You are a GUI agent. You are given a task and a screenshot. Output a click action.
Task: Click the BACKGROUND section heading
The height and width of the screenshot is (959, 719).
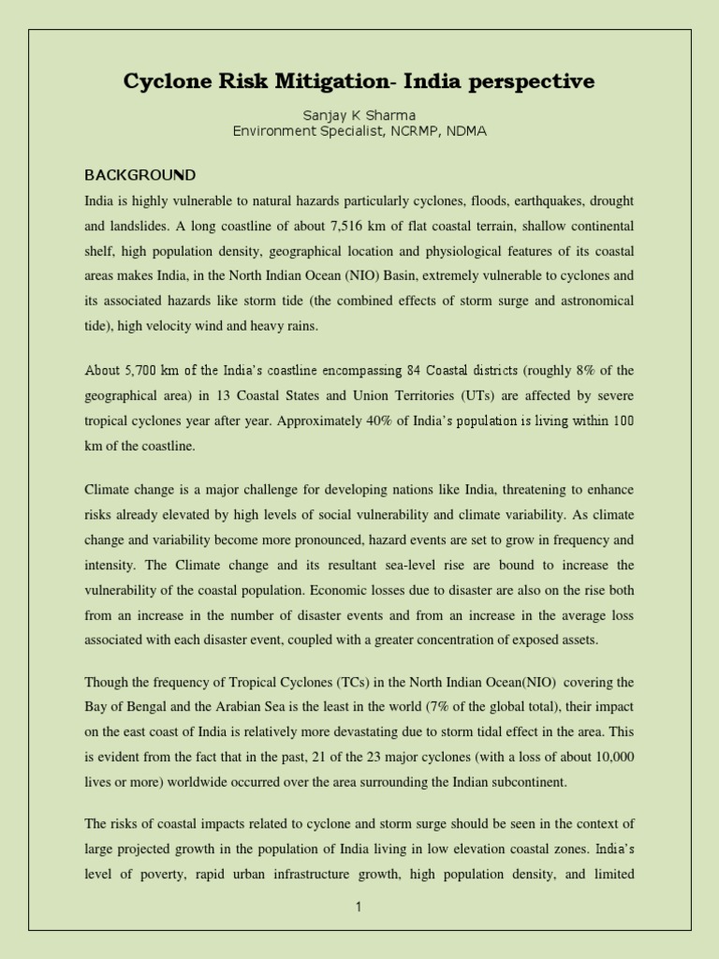pyautogui.click(x=140, y=175)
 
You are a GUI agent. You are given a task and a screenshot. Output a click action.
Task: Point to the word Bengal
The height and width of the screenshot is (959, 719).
pyautogui.click(x=147, y=708)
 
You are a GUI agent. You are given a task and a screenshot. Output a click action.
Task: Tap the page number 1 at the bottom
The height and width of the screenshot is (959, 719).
pyautogui.click(x=359, y=907)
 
